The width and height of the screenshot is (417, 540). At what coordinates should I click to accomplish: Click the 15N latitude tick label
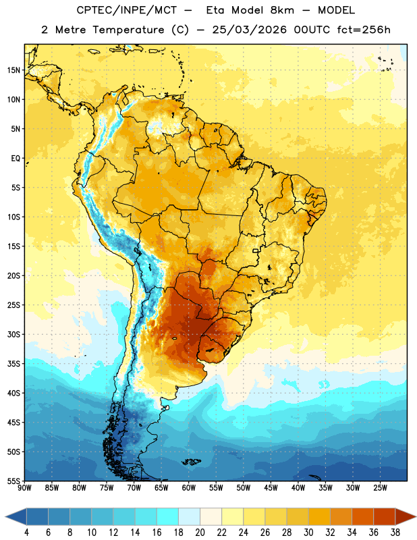click(x=13, y=70)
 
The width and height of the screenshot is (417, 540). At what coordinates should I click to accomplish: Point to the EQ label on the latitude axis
click(x=16, y=159)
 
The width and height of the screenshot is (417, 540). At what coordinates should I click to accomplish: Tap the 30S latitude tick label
click(x=13, y=334)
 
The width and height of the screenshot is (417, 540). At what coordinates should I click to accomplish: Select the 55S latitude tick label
click(x=13, y=481)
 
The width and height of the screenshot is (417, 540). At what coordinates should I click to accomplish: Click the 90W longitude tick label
click(x=24, y=488)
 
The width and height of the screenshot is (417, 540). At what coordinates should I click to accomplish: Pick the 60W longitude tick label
click(x=189, y=488)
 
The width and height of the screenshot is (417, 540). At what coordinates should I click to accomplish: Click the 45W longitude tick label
click(x=271, y=488)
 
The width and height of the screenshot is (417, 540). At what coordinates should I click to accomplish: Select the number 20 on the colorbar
click(x=200, y=533)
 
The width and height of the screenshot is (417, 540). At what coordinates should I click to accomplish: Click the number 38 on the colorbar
click(x=395, y=533)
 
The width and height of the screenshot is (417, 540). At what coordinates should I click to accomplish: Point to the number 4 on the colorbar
click(x=26, y=533)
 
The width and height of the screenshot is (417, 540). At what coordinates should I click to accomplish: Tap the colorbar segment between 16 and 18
click(x=168, y=516)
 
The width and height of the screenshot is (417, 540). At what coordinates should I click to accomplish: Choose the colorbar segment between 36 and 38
click(x=385, y=516)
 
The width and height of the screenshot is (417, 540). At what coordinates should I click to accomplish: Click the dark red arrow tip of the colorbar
click(x=415, y=516)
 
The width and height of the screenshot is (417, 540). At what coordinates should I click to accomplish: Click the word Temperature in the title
click(x=129, y=30)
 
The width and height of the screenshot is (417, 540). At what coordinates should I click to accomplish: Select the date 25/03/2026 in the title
click(x=249, y=30)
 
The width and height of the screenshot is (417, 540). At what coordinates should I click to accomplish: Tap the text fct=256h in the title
click(x=364, y=30)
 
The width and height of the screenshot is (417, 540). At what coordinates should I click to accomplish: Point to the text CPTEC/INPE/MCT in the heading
click(x=126, y=10)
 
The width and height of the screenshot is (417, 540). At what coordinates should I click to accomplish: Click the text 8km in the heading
click(x=282, y=10)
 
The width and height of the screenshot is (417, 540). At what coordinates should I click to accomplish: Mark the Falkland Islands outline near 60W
click(x=192, y=462)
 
